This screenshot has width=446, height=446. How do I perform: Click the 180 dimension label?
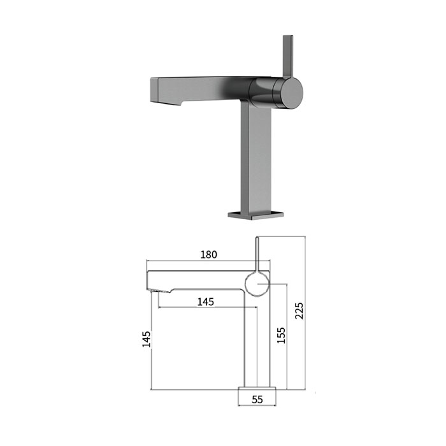pos(209,254)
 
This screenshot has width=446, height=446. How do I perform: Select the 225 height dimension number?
pos(299,311)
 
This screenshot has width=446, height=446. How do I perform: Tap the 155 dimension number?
pos(281,336)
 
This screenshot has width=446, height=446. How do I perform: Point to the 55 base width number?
pos(257,399)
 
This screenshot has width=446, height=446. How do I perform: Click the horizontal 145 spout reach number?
pos(206,302)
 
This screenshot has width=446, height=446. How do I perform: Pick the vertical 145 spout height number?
pos(146,339)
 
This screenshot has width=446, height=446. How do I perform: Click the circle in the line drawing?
pos(245,284)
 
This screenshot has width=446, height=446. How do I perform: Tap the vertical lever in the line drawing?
pos(257,254)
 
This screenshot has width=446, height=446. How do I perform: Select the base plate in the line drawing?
pos(257,388)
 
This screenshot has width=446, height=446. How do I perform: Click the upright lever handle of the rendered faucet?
pos(287,57)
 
